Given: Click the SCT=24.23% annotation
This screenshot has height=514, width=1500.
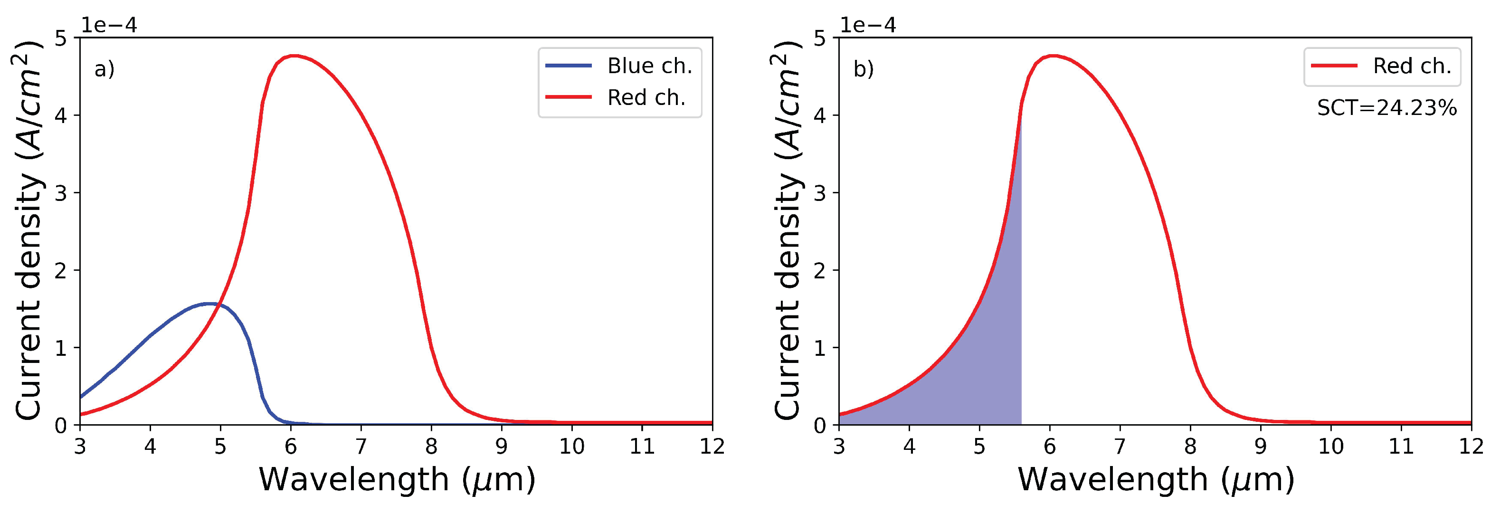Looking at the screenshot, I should click(x=1386, y=108).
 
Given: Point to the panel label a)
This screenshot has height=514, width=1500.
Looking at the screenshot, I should click(x=104, y=69).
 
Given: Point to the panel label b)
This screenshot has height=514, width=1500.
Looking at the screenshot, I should click(x=864, y=69).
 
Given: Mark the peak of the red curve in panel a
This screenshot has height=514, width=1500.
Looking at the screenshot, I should click(x=294, y=56).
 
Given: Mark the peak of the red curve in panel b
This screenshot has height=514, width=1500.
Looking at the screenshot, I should click(x=1052, y=56).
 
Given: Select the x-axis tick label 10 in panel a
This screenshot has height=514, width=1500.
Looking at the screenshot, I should click(x=572, y=447).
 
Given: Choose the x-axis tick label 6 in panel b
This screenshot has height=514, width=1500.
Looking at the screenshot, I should click(x=1050, y=447).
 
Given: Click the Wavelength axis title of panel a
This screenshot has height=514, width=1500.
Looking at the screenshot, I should click(x=397, y=480).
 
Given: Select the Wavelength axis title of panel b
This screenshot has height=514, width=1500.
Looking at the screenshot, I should click(x=1155, y=480).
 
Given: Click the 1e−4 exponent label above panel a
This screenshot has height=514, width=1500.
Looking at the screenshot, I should click(x=108, y=25).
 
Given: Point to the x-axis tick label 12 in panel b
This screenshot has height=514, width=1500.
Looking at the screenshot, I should click(x=1471, y=447).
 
